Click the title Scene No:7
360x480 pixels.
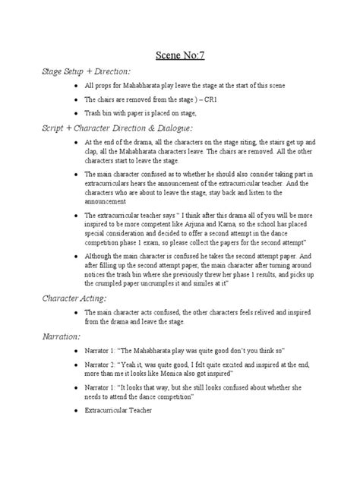(180, 55)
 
